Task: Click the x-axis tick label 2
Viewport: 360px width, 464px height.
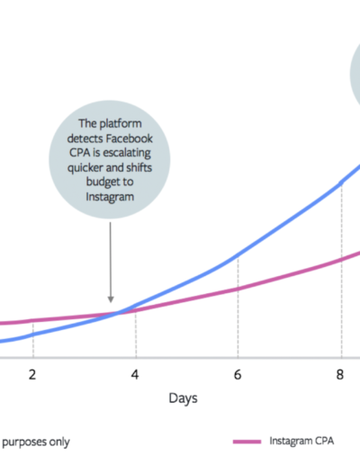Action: coord(32,375)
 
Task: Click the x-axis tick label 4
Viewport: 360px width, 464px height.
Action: coord(135,375)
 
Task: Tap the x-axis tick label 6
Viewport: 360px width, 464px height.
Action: coord(238,375)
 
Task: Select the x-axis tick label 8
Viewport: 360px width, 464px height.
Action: coord(340,375)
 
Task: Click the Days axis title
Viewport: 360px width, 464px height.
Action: coord(183,398)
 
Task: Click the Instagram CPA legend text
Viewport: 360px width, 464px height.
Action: coord(301,441)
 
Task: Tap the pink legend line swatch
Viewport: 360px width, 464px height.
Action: coord(247,442)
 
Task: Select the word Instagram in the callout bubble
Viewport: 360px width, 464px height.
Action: coord(110,197)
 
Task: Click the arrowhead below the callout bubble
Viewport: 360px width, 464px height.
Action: coord(111,299)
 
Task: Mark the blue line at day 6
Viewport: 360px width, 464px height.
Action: coord(238,255)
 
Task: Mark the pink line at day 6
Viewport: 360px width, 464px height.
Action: coord(238,290)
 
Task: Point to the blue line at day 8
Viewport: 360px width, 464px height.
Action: coord(341,183)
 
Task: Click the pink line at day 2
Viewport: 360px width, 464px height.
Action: coord(33,320)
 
